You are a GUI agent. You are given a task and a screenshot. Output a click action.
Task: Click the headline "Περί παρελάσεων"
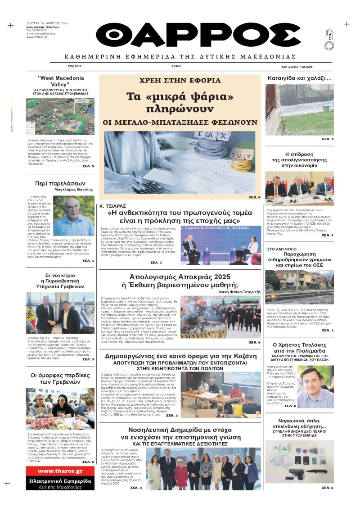point(60,183)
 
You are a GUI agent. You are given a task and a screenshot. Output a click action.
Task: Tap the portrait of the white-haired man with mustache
point(74,216)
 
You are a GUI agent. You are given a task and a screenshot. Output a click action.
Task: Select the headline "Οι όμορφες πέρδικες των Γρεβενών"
point(60,379)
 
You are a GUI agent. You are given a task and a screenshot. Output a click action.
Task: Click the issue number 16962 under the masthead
point(176,66)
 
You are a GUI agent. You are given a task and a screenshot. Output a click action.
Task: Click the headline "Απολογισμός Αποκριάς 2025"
point(180,276)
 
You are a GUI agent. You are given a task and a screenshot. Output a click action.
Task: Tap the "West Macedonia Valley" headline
point(60,81)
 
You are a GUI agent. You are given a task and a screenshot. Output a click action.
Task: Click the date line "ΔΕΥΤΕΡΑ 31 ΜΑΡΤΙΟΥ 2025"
point(47,23)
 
